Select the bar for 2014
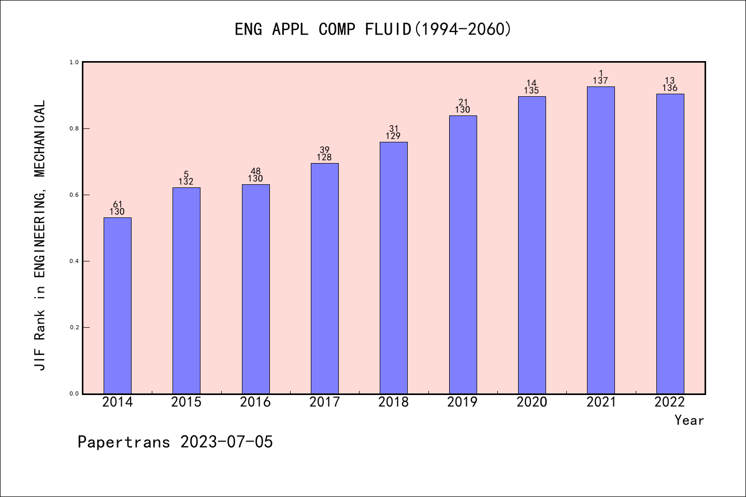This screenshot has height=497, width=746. (118, 305)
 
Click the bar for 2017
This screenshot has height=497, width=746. (324, 279)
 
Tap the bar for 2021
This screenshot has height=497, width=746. (600, 240)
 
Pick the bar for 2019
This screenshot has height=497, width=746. (463, 255)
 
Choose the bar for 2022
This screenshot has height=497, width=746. (670, 244)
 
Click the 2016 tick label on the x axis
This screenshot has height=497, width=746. (255, 402)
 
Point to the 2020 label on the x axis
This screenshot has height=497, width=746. (532, 402)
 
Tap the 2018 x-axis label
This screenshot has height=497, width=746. (394, 402)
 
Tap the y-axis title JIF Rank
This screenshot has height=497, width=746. (40, 236)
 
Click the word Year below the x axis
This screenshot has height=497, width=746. (689, 420)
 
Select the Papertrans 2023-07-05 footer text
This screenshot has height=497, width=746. (175, 442)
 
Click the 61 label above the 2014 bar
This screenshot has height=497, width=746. (118, 204)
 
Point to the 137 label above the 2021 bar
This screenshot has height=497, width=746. (600, 81)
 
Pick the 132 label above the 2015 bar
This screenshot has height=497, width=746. (186, 182)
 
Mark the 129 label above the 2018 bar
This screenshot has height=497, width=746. (394, 136)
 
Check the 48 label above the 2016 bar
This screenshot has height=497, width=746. (255, 171)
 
